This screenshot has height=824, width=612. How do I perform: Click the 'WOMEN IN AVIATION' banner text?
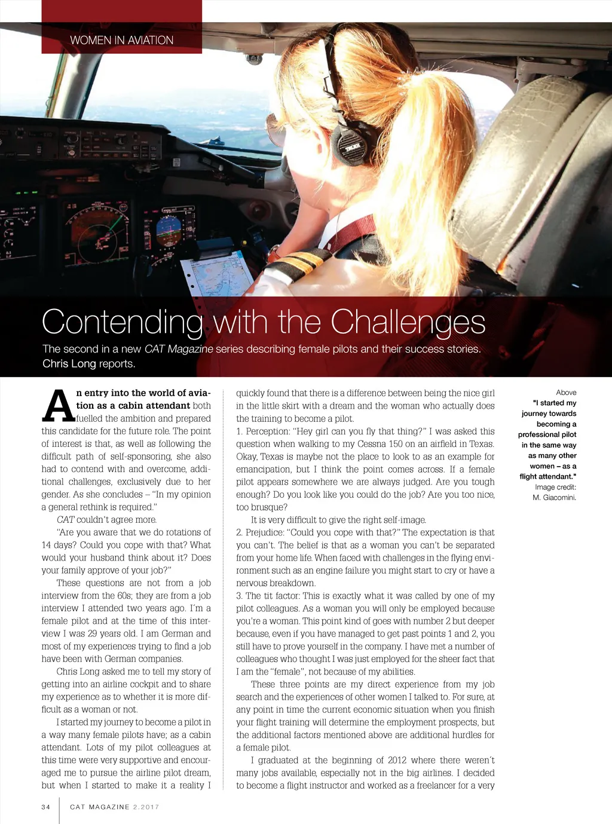click(x=121, y=40)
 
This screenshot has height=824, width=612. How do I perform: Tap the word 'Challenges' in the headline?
click(x=408, y=322)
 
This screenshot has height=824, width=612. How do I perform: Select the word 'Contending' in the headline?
click(x=123, y=322)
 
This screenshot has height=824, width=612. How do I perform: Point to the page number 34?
click(x=46, y=807)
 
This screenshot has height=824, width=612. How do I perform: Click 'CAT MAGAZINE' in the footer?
click(x=100, y=807)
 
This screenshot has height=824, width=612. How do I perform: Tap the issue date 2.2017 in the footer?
click(x=146, y=807)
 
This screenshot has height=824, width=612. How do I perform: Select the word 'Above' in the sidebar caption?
click(x=566, y=393)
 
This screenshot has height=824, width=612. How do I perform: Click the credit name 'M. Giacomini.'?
click(x=554, y=497)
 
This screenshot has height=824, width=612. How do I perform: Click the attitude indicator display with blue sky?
click(x=169, y=229)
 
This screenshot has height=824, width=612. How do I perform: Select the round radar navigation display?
click(x=97, y=230)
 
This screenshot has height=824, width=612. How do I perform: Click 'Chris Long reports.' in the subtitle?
click(x=89, y=363)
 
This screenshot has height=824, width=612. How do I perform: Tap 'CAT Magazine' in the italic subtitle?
click(x=179, y=349)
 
